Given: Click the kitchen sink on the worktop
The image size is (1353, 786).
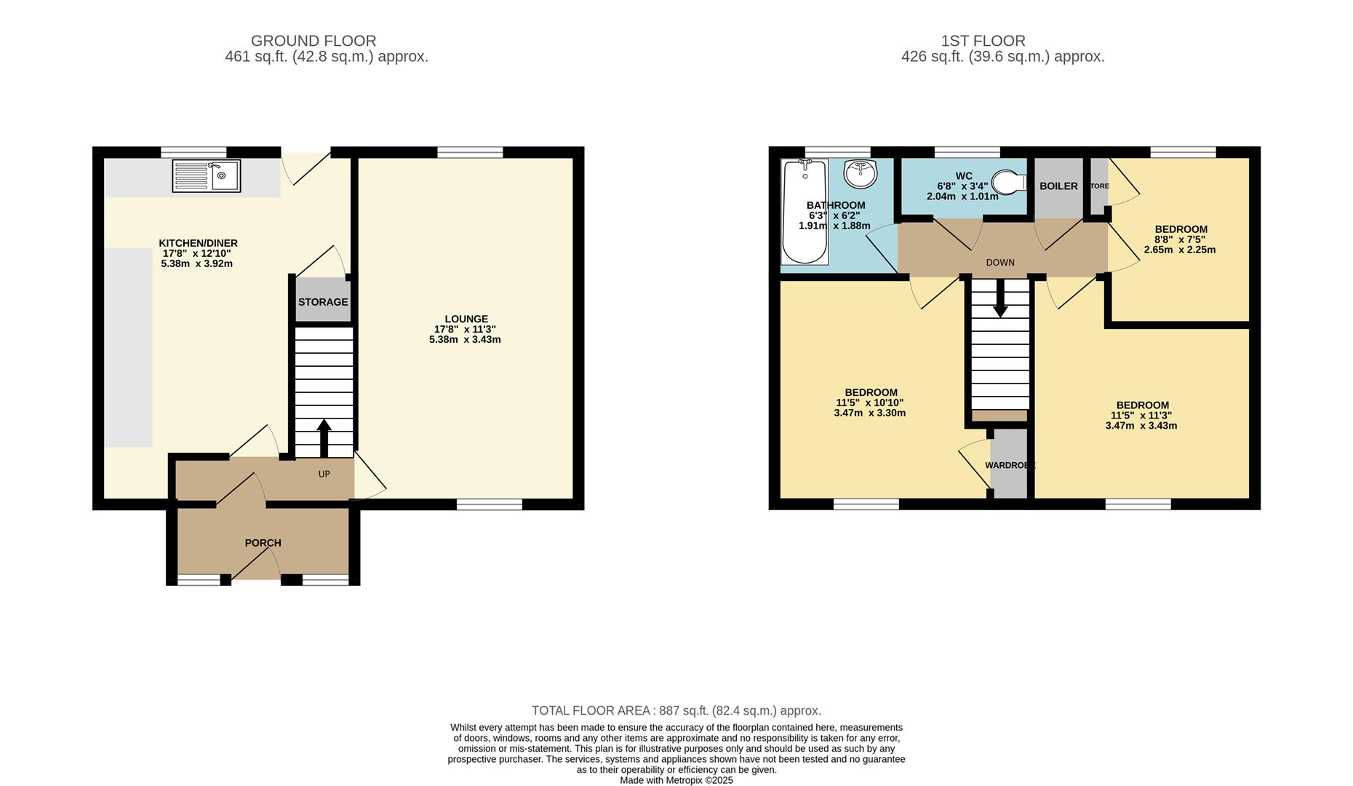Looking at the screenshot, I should [206, 176].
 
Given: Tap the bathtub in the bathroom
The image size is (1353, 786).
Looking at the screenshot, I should [805, 213].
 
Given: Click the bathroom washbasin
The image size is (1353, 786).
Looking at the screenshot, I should [861, 174].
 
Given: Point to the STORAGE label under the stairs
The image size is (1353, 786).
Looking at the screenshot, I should [323, 302].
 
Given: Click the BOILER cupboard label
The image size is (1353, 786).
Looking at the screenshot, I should [1058, 186].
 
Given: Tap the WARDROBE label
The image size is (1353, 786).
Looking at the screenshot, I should [1010, 465].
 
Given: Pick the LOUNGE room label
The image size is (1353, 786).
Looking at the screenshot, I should [466, 319].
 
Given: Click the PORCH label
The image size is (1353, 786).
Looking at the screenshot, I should [263, 543].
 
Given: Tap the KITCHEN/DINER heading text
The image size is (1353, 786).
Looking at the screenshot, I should [198, 243].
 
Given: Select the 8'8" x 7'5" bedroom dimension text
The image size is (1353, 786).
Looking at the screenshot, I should [1181, 239].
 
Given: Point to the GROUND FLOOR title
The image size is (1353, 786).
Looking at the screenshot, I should [314, 41].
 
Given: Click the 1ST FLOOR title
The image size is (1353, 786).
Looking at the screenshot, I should [983, 41].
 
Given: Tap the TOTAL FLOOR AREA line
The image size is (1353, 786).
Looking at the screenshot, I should [676, 710].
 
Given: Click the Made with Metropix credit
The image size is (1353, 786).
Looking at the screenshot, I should [676, 780].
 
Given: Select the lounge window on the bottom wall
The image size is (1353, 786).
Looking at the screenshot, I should [489, 504].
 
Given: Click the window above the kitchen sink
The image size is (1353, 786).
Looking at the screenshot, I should [193, 152].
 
